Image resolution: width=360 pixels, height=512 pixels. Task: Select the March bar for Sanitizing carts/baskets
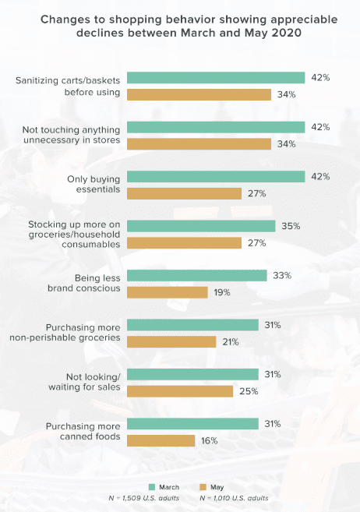(215, 77)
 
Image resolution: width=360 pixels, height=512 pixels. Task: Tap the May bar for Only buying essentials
(184, 193)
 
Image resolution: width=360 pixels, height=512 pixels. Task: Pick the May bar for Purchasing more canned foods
(161, 440)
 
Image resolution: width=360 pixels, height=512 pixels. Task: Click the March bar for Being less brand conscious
(196, 275)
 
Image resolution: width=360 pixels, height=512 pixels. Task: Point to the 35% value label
(291, 226)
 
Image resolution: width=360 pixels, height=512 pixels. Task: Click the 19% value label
(224, 292)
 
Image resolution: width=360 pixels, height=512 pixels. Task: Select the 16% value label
(210, 440)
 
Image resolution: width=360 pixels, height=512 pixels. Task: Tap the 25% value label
(249, 390)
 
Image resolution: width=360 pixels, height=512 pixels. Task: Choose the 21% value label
(231, 341)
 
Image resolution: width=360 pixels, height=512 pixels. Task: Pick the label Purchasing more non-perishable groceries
(76, 332)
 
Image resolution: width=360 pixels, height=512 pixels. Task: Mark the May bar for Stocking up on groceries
(184, 242)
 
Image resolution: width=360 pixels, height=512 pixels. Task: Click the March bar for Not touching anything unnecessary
(215, 127)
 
